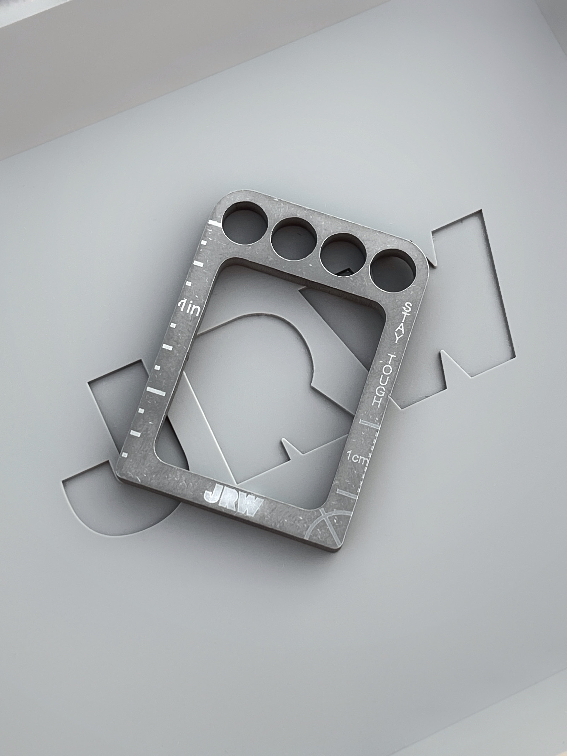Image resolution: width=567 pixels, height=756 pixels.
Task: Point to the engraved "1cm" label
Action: click(357, 457)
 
